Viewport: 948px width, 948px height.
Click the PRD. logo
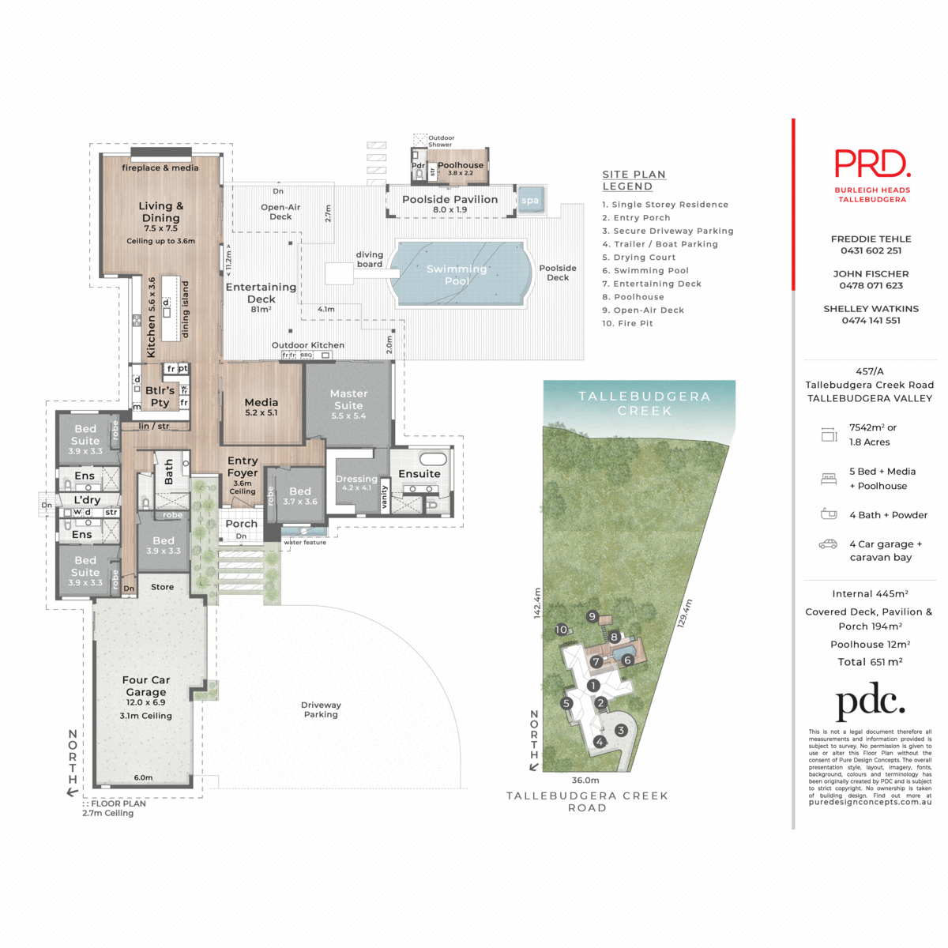(x=872, y=164)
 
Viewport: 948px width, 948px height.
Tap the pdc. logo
(x=870, y=702)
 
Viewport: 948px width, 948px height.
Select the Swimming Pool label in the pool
(x=457, y=274)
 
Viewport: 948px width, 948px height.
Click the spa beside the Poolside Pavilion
(x=530, y=200)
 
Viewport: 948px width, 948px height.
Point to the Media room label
(x=261, y=407)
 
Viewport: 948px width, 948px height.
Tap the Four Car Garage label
(x=146, y=686)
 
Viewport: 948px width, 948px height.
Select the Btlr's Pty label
(x=160, y=396)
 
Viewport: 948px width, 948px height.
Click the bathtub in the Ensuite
(x=433, y=460)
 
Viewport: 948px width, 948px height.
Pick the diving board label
(x=369, y=259)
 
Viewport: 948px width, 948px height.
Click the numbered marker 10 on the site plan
(x=561, y=630)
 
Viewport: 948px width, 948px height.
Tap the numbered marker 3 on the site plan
(x=621, y=730)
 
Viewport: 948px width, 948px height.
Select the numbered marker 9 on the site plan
(x=592, y=616)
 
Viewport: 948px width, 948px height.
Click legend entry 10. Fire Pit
(x=627, y=323)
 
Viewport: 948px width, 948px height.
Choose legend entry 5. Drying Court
(x=638, y=258)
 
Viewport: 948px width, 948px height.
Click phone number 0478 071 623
(x=871, y=285)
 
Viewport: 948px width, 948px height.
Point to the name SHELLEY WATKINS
(x=871, y=309)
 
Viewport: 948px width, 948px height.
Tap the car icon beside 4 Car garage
(x=828, y=544)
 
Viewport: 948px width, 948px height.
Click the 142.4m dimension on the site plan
(x=538, y=603)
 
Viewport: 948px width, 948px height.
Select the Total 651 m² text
(x=870, y=662)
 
